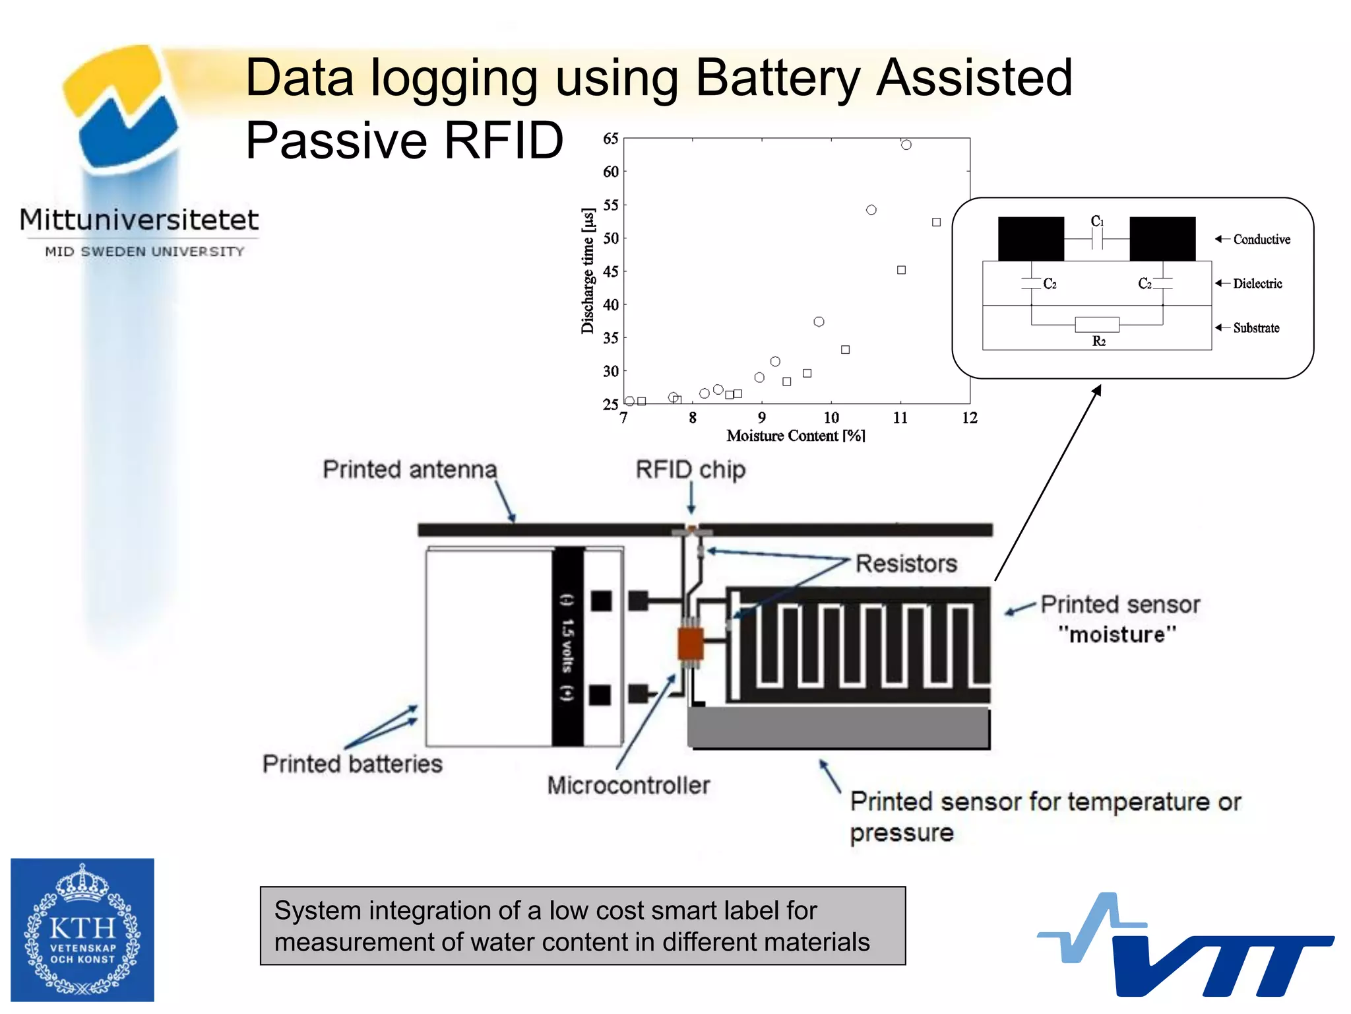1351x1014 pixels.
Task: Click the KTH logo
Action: (x=82, y=929)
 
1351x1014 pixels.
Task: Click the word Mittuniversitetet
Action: (x=139, y=220)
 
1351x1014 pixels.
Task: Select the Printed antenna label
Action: (x=409, y=469)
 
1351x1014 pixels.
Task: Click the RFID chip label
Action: (x=690, y=469)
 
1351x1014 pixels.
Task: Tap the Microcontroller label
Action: (x=628, y=785)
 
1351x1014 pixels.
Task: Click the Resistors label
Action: (x=906, y=563)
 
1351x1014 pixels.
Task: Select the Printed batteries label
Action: (x=352, y=764)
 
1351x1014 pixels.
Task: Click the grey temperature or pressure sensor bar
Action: (x=838, y=727)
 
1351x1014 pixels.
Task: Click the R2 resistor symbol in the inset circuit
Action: (x=1096, y=324)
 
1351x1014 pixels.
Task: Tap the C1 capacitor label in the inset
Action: (x=1096, y=221)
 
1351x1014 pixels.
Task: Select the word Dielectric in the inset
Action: (x=1257, y=283)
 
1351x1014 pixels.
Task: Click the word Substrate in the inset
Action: (x=1256, y=327)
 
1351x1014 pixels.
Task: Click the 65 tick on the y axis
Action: (x=610, y=139)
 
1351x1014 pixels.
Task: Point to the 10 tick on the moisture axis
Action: (x=831, y=418)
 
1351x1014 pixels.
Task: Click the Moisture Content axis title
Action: (x=796, y=436)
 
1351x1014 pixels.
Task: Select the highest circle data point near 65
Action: (x=906, y=145)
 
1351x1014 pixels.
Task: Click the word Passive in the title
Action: (x=336, y=140)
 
